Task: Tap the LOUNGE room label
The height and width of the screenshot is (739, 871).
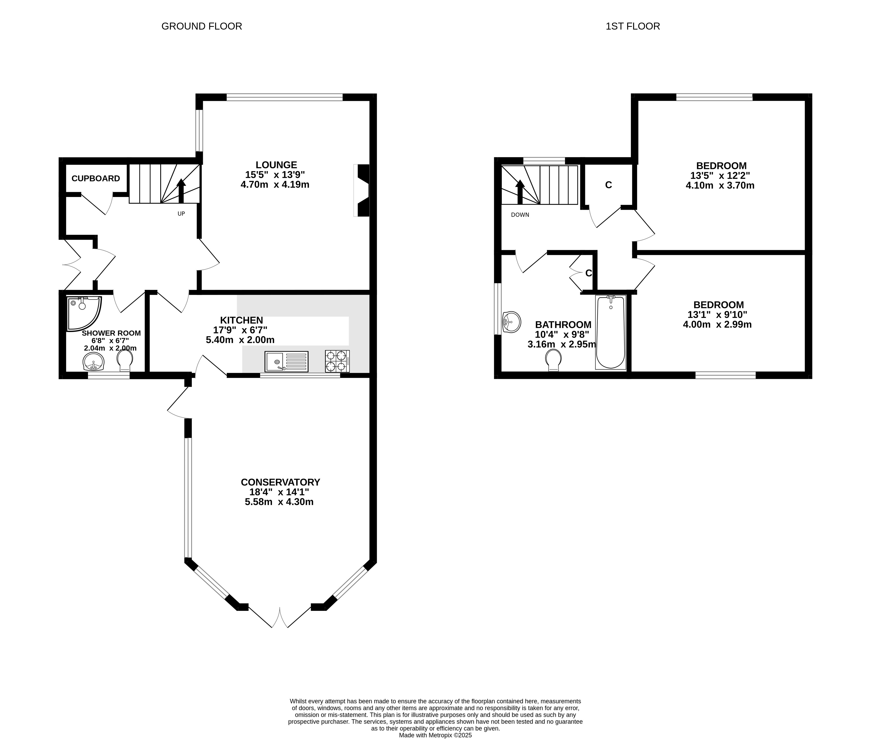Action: (x=276, y=165)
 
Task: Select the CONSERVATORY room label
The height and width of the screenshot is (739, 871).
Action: (x=281, y=482)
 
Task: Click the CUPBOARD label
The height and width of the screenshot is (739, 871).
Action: (x=96, y=178)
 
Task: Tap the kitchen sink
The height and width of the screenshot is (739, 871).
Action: (x=286, y=361)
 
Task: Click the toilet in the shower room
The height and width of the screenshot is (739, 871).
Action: (x=125, y=360)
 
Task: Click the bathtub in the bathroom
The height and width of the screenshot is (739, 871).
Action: (x=611, y=332)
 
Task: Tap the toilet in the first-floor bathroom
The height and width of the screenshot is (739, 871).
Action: (x=554, y=360)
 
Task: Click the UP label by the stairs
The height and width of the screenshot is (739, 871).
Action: (x=181, y=214)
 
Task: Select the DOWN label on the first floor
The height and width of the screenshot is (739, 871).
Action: (x=520, y=215)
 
